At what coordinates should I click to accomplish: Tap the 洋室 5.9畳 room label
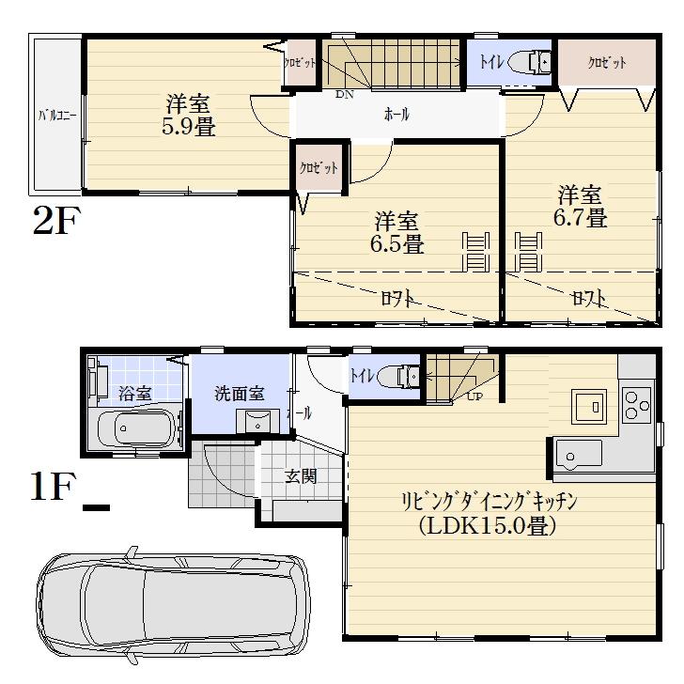pyautogui.click(x=189, y=116)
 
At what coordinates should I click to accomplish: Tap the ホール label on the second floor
pyautogui.click(x=396, y=115)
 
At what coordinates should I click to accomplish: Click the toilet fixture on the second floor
pyautogui.click(x=538, y=63)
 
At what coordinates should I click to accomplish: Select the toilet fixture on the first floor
pyautogui.click(x=406, y=376)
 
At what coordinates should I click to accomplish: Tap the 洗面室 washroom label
pyautogui.click(x=239, y=393)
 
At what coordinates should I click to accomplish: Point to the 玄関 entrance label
pyautogui.click(x=301, y=476)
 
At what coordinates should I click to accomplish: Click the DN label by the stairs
pyautogui.click(x=344, y=94)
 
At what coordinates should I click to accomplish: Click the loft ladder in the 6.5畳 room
pyautogui.click(x=475, y=253)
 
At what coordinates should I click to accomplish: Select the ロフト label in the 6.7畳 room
pyautogui.click(x=588, y=298)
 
